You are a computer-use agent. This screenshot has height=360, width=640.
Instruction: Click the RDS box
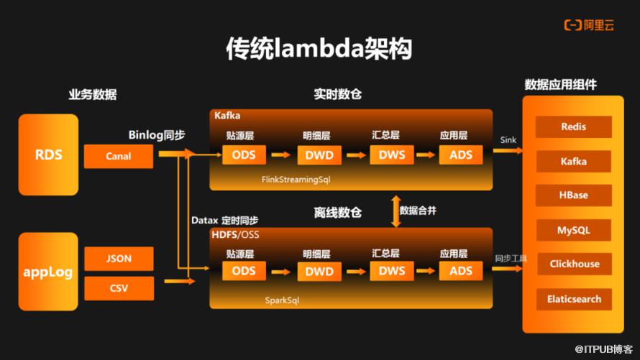(49, 154)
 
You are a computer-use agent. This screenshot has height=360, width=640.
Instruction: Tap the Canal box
(118, 156)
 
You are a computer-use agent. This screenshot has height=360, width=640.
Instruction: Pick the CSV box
(118, 288)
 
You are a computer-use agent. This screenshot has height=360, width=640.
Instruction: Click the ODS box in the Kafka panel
(244, 154)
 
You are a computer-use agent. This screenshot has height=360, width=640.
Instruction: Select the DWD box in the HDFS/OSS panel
(319, 271)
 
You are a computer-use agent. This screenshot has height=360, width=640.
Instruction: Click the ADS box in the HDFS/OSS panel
(460, 271)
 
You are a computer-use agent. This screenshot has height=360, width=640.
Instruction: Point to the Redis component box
(573, 127)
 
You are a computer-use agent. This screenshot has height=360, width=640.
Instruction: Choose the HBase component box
(573, 195)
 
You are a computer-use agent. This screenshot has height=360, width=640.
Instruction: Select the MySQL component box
(573, 230)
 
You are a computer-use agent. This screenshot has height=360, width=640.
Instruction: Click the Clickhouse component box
(573, 264)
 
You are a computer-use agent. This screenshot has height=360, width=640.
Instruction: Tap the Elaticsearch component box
(573, 299)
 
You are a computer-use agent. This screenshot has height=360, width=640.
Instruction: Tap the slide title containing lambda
(319, 49)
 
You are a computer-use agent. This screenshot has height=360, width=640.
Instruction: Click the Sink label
(508, 140)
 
